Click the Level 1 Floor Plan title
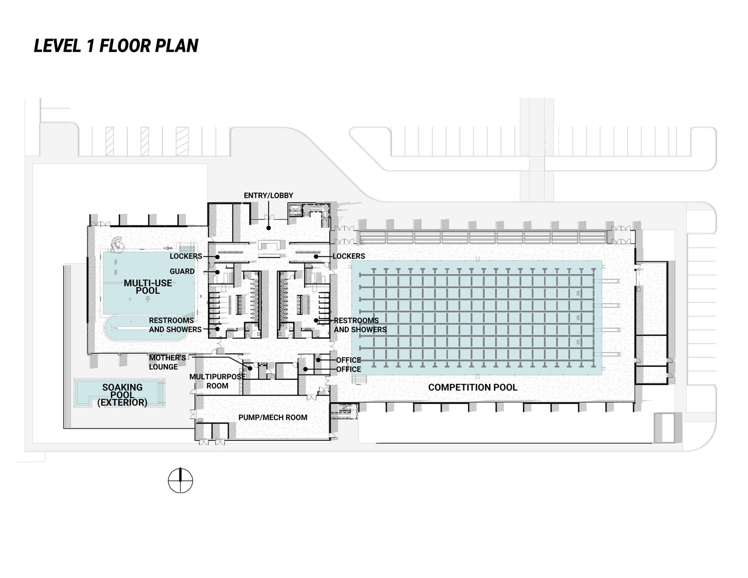point(116,45)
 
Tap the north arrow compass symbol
point(180,480)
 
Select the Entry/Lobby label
point(268,195)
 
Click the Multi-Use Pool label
point(148,287)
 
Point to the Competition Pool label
point(473,387)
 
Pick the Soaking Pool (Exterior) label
point(122,395)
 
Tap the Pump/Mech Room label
point(273,417)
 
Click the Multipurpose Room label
point(217,381)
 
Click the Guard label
point(182,271)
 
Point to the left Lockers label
point(186,256)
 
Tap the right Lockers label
point(349,256)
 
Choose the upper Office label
point(349,360)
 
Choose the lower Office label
point(349,369)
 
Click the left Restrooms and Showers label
point(175,325)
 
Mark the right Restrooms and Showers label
point(360,325)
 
